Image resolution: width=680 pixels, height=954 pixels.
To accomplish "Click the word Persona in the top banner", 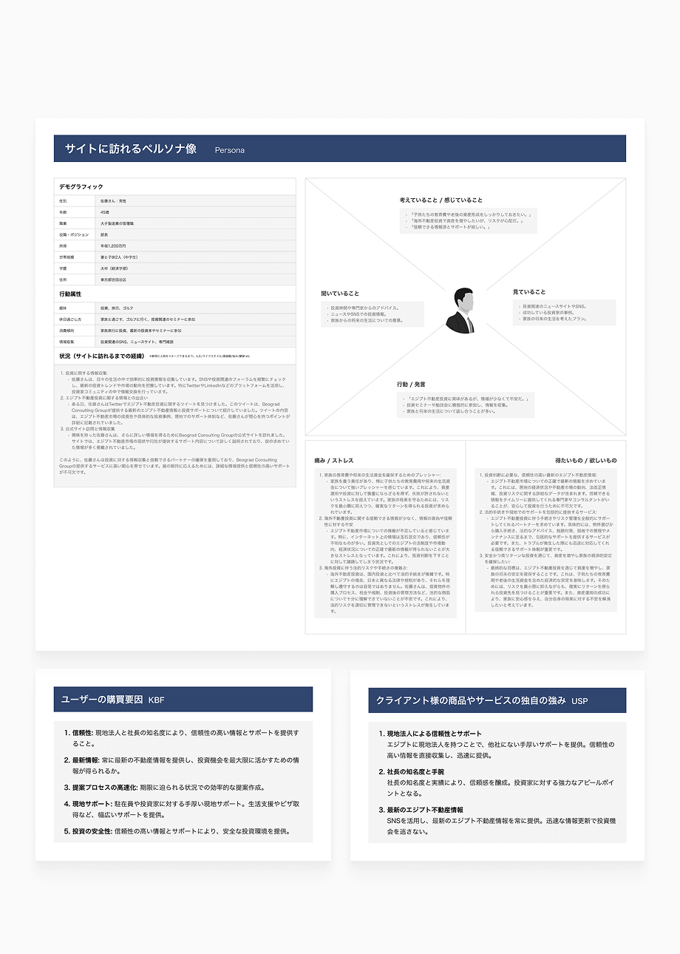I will pyautogui.click(x=230, y=150).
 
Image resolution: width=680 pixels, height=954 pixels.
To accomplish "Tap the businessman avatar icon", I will pyautogui.click(x=460, y=311).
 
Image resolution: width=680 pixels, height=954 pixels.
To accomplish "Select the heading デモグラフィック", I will pyautogui.click(x=81, y=187).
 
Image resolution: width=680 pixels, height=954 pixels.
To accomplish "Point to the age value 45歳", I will pyautogui.click(x=105, y=212).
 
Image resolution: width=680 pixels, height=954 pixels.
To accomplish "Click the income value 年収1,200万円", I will pyautogui.click(x=113, y=246).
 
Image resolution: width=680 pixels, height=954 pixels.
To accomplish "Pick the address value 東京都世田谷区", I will pyautogui.click(x=113, y=280).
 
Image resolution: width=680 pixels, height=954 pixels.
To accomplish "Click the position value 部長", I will pyautogui.click(x=104, y=234).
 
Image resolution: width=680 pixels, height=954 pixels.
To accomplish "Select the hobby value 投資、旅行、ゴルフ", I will pyautogui.click(x=117, y=308).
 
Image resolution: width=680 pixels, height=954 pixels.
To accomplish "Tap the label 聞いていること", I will pyautogui.click(x=340, y=294).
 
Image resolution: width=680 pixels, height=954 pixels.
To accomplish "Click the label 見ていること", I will pyautogui.click(x=529, y=292).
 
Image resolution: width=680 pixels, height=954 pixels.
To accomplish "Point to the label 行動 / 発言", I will pyautogui.click(x=411, y=385).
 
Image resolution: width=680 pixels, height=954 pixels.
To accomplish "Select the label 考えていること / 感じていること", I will pyautogui.click(x=441, y=200).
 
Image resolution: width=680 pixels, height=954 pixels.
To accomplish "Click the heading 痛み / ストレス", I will pyautogui.click(x=334, y=460).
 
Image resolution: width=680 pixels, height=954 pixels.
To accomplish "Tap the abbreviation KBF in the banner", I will pyautogui.click(x=157, y=700).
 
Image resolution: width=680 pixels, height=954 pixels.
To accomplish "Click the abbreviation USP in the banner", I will pyautogui.click(x=579, y=700).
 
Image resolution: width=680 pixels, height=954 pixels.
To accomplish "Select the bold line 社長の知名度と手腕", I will pyautogui.click(x=415, y=771).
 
